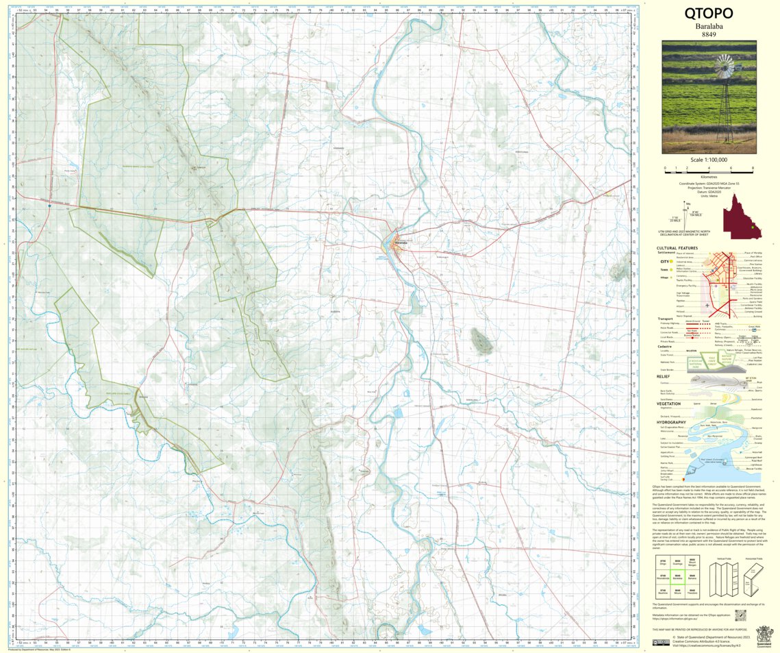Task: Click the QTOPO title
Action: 709,14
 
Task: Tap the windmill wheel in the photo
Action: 723,69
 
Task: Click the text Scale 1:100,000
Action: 709,160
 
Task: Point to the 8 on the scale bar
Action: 753,168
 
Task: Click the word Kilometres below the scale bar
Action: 709,176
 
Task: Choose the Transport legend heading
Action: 666,318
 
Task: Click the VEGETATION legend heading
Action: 668,404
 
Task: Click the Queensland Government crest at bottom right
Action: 762,636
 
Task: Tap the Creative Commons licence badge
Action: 662,642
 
